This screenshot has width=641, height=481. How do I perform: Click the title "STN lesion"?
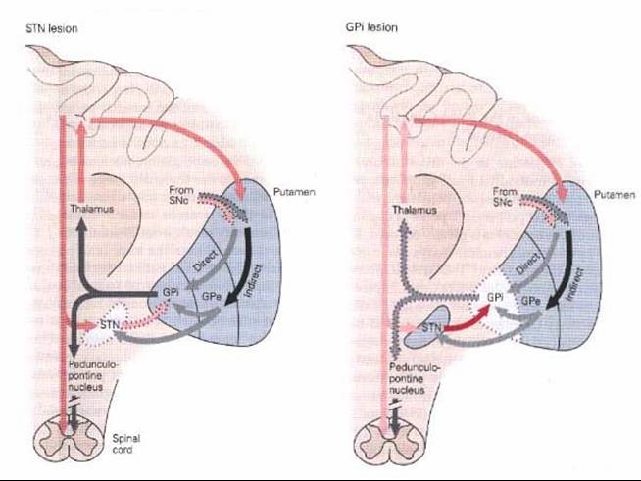[52, 28]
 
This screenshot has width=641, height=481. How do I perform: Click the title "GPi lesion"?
[371, 27]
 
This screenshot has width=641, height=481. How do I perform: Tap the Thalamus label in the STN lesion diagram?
[91, 209]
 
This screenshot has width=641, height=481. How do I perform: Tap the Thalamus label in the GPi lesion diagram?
[415, 210]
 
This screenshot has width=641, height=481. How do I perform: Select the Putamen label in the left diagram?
[294, 192]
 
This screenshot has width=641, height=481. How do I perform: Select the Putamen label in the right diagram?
[615, 195]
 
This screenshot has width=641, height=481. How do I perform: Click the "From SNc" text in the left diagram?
[181, 195]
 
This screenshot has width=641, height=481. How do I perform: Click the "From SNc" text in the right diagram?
[505, 196]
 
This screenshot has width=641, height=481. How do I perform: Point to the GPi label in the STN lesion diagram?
[171, 292]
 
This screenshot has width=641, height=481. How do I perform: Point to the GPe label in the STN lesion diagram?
[212, 296]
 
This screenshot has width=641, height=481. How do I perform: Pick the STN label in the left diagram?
[110, 325]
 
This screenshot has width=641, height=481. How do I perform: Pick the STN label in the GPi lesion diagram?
[431, 327]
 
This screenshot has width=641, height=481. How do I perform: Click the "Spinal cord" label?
[125, 444]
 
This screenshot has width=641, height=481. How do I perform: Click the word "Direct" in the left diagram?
[205, 262]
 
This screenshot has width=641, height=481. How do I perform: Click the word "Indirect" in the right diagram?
[575, 284]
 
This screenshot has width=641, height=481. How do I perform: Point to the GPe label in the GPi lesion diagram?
[531, 301]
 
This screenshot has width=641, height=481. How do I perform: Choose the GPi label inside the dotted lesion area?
[495, 297]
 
